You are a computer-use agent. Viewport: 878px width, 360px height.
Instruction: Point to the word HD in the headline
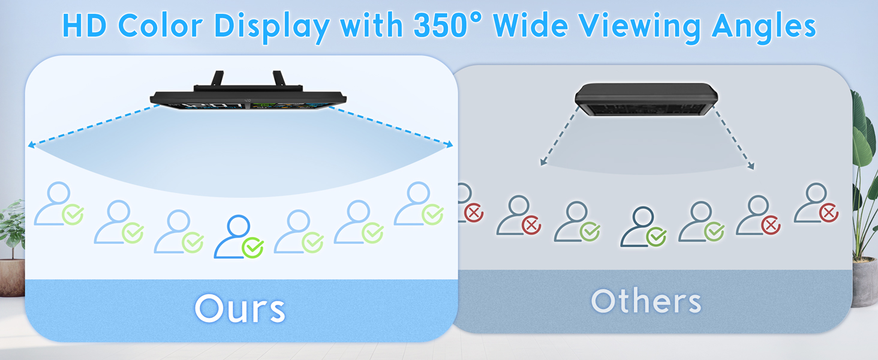[85, 26]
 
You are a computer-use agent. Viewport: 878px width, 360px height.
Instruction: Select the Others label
[646, 301]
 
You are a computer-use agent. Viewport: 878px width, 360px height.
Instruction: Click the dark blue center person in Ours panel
[234, 236]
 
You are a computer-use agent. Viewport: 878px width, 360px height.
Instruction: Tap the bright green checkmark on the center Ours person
[253, 248]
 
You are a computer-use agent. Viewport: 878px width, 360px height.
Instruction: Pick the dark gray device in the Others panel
[646, 99]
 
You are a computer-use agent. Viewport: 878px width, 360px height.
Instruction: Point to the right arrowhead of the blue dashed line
[449, 145]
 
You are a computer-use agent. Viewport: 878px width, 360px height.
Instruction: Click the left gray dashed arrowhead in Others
[543, 162]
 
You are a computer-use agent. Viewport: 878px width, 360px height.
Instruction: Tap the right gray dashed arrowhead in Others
[751, 166]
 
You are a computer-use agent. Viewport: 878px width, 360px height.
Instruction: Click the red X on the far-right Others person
[829, 214]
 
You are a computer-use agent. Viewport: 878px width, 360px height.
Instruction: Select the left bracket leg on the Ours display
[217, 79]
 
